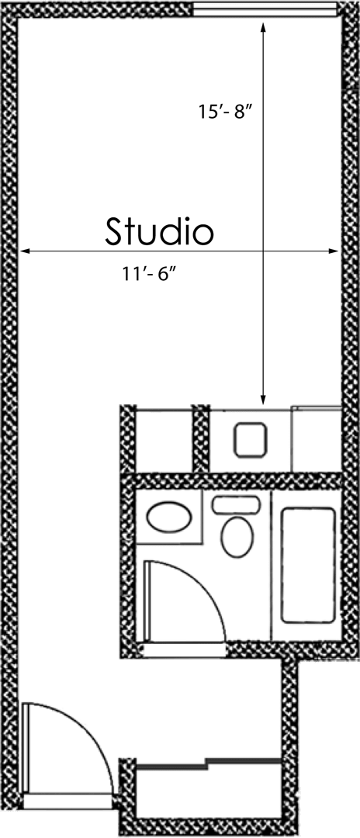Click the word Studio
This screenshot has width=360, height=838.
coord(159,231)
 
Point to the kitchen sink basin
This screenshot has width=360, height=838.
coord(250,439)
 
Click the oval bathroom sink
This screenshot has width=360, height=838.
coord(171,518)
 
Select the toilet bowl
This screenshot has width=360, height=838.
coord(237,537)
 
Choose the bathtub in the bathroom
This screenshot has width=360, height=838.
coord(308,564)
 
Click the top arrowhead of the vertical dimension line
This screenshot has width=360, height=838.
coord(264,28)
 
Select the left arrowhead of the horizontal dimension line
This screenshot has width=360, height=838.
coord(25,251)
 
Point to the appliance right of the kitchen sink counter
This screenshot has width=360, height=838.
coord(316,439)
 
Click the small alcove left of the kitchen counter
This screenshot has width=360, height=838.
coord(164,439)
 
